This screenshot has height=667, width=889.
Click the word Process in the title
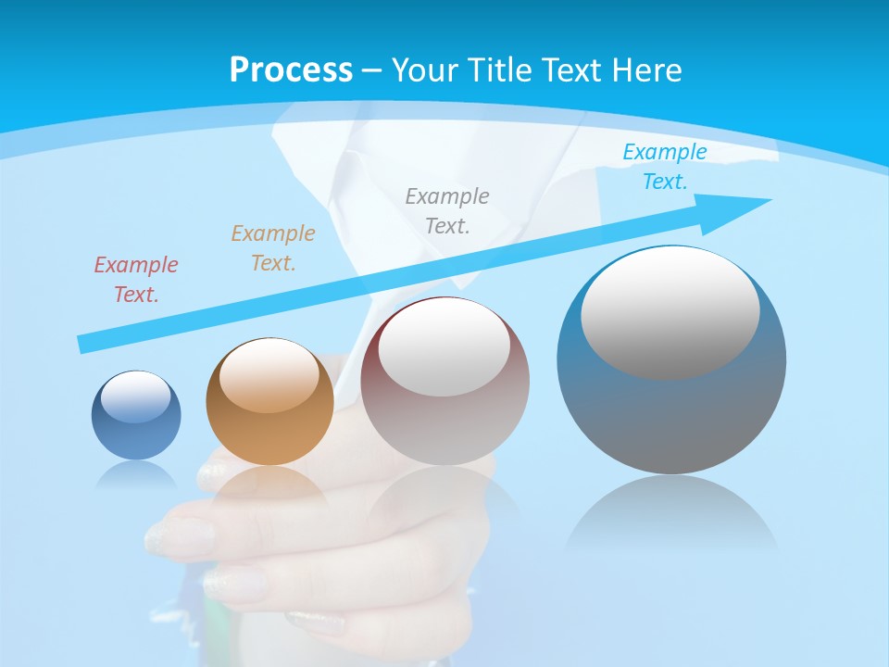291,70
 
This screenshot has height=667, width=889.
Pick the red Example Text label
136,280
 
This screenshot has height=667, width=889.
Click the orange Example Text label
273,248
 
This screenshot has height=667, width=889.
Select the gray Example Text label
447,211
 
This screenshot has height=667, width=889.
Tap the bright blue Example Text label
665,167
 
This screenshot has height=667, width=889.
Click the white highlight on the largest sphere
670,310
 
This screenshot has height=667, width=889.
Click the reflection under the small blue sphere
136,474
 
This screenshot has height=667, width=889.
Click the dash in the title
371,70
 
